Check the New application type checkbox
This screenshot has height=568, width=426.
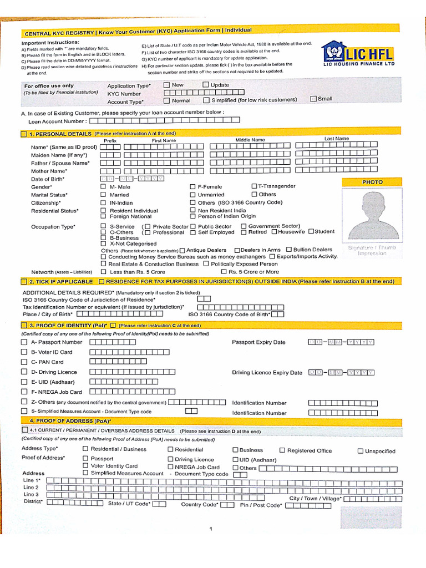pos(166,85)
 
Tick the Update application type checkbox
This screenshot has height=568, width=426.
pos(206,85)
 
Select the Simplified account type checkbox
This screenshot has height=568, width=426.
pos(206,100)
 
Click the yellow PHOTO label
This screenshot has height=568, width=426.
pos(372,182)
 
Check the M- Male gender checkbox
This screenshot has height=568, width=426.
pos(103,187)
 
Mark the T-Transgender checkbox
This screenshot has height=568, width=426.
pos(255,186)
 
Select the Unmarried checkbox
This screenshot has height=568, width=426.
pos(192,195)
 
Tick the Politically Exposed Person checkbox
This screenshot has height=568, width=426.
pos(207,264)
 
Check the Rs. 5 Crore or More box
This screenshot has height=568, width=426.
pos(224,272)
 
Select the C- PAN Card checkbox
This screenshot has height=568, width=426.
pos(24,362)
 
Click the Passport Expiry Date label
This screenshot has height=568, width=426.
pos(258,342)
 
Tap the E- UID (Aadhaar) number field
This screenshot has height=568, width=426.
pos(128,382)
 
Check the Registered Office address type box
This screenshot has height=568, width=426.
pos(282,450)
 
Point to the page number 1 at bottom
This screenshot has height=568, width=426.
pos(211,529)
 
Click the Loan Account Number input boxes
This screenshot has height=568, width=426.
pos(165,120)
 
